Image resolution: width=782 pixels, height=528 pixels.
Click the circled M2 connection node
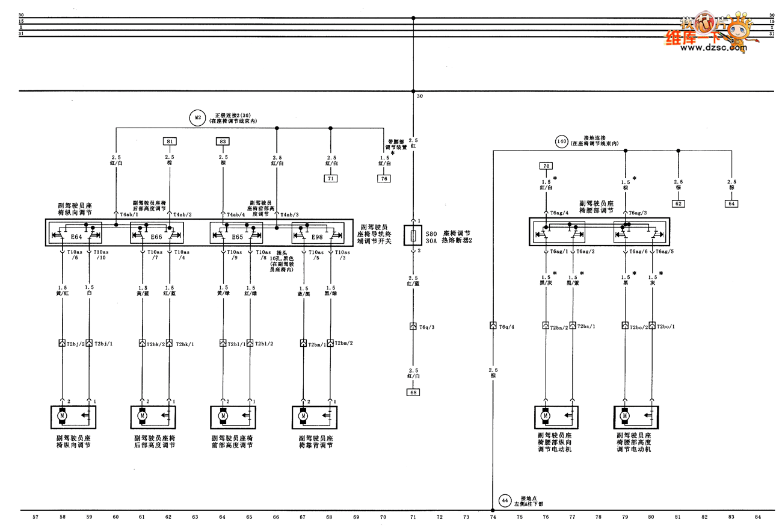[x=197, y=118]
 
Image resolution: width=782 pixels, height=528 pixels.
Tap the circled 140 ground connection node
[x=561, y=142]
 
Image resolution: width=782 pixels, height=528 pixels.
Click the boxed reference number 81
[x=170, y=142]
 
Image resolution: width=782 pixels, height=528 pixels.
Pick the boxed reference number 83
[x=223, y=142]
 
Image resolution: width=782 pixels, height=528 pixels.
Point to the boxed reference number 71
[x=330, y=179]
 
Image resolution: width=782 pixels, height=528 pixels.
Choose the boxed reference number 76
[x=384, y=179]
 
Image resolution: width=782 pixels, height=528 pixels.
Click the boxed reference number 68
[x=413, y=393]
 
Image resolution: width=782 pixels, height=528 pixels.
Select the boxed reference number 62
[x=678, y=203]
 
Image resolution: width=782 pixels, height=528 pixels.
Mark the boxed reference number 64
[x=731, y=203]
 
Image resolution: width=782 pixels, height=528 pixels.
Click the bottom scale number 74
[x=493, y=517]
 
